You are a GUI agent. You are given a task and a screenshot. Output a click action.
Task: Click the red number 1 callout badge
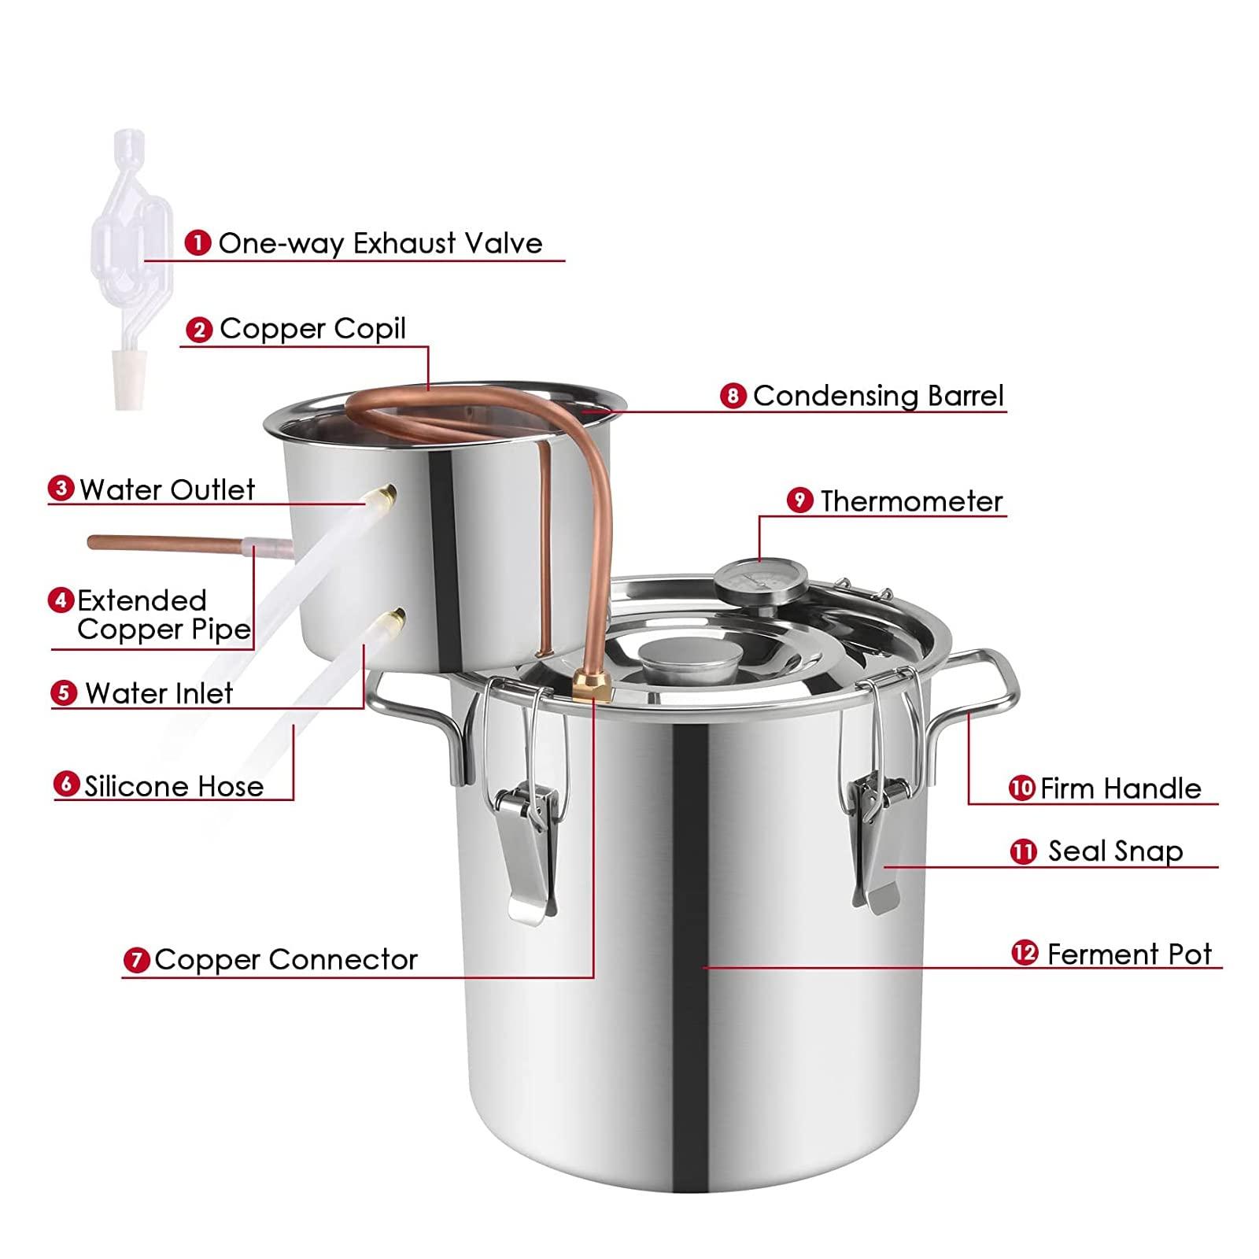pos(198,243)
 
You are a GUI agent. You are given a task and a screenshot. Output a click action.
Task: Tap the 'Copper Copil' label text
pos(312,329)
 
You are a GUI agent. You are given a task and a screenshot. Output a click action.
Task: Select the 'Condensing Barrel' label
pos(878,396)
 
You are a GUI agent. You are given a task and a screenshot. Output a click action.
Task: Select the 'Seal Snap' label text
pos(1115,851)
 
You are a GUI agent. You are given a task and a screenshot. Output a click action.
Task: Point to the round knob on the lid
pos(689,660)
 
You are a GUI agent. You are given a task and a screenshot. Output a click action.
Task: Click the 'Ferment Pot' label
pos(1129,954)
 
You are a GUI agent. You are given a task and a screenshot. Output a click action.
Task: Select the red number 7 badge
pos(137,961)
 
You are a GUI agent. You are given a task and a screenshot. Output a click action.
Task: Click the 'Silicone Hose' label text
pos(174,786)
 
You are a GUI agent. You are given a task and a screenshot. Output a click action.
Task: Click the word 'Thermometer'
pos(911,501)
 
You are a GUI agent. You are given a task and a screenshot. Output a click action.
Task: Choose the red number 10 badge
pos(1021,788)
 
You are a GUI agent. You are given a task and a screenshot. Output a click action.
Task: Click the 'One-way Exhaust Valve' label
pos(380,243)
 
